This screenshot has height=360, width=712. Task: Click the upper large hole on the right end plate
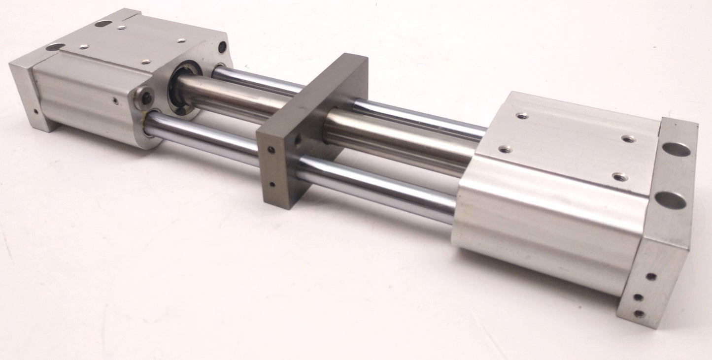pos(677,149)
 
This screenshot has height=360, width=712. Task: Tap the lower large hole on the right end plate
pos(670,199)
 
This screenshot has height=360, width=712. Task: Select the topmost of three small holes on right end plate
pos(651,276)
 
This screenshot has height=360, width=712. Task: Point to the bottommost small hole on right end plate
pos(639,313)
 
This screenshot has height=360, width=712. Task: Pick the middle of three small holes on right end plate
pos(638,297)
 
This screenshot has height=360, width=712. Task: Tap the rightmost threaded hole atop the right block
pos(627,139)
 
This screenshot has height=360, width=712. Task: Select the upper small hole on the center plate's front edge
pos(270,149)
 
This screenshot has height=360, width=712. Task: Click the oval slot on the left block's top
pos(102,24)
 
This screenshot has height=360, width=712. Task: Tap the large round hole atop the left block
pos(56,47)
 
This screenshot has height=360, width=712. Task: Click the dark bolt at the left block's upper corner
pos(222,47)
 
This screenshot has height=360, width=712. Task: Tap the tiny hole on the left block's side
pos(115,101)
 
